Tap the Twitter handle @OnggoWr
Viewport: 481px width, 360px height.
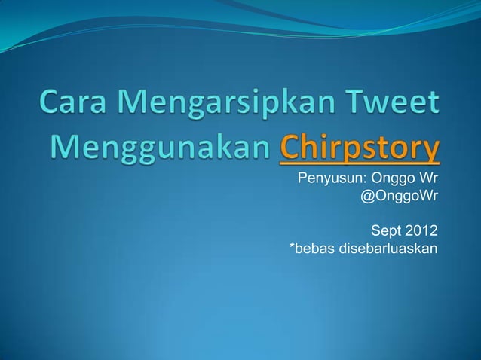click(400, 197)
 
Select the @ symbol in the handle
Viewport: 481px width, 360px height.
click(368, 197)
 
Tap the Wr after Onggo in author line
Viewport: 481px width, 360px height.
click(427, 179)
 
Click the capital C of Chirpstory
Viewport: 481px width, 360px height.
click(290, 147)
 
